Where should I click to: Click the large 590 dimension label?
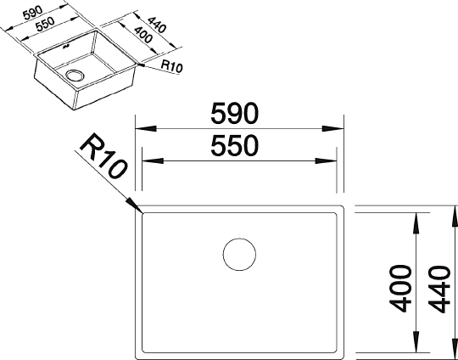(x=235, y=114)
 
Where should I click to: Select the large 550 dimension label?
(x=235, y=146)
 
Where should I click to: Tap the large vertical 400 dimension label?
(x=400, y=289)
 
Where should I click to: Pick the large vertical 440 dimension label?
(x=439, y=289)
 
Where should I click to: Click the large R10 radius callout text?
(x=103, y=155)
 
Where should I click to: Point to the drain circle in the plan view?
(x=239, y=255)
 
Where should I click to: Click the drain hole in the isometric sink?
(x=75, y=76)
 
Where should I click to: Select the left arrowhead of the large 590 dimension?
(x=146, y=129)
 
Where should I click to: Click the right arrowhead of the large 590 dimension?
(x=333, y=129)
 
